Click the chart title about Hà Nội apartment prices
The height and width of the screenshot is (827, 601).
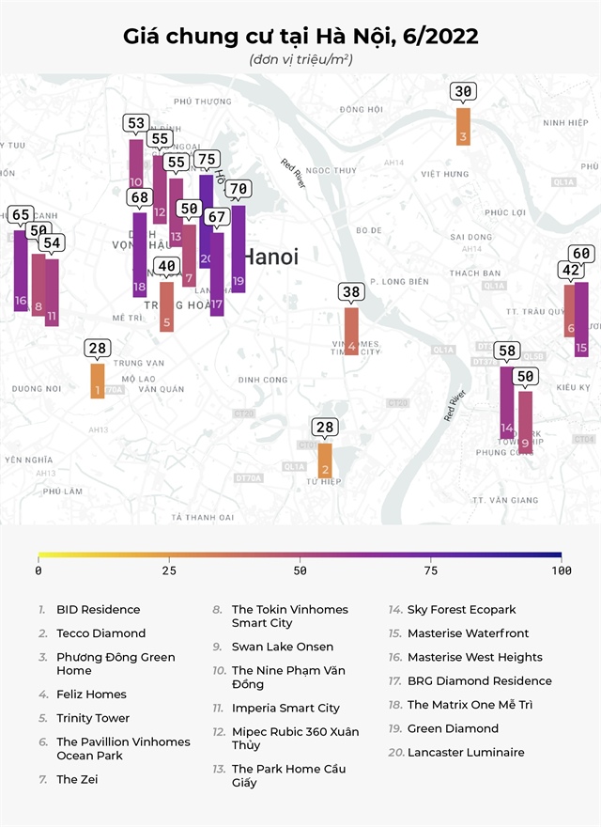coord(300,37)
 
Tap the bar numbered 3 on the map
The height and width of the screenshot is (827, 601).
coord(463,126)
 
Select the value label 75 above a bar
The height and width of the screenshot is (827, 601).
coord(207,160)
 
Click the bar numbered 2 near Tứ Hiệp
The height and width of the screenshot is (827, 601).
coord(325,460)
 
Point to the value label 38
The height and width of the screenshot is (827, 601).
coord(351,292)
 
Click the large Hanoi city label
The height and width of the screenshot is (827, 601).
coord(270,257)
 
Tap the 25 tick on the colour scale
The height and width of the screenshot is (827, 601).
coord(169,570)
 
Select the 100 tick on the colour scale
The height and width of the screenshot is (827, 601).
coord(562,570)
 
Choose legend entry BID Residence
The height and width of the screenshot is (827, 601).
coord(98,610)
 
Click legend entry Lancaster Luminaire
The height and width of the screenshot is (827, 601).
coord(466,753)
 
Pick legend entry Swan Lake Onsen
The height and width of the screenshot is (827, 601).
coord(282,648)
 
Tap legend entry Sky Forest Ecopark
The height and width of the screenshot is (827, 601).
coord(461,610)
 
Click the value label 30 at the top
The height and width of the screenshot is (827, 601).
coord(463,92)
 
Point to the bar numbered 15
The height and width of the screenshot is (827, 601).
coord(581,319)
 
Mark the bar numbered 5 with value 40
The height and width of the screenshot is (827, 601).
coord(166,306)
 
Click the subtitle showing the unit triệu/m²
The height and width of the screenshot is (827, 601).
coord(300,60)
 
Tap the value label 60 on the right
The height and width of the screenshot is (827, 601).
coord(581,254)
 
